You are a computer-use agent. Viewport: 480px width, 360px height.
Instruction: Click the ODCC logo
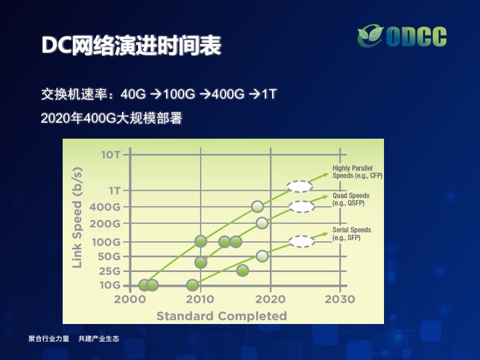click(402, 37)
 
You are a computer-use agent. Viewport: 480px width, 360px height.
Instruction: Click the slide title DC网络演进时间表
click(131, 45)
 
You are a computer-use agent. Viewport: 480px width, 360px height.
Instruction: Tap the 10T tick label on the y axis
click(111, 155)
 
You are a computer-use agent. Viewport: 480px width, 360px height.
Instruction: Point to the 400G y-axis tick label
click(105, 207)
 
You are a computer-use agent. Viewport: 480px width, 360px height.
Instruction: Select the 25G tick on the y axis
click(109, 271)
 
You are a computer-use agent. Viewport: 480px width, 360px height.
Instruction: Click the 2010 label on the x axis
click(200, 299)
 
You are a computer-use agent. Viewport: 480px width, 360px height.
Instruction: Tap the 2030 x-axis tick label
click(340, 299)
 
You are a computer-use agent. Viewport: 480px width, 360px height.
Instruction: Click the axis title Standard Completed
click(221, 315)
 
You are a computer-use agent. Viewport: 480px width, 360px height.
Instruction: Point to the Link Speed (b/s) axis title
click(77, 217)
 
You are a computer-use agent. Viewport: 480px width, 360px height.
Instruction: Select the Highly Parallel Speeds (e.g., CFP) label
click(357, 172)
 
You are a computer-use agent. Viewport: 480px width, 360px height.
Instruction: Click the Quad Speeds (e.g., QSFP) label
click(351, 199)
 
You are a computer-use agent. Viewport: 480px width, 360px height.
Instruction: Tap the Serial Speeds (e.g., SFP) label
click(352, 233)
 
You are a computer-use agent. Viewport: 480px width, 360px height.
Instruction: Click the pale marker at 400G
click(257, 207)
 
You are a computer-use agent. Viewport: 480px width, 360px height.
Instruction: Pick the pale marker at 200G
click(262, 223)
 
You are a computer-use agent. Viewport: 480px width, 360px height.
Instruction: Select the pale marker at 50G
click(263, 256)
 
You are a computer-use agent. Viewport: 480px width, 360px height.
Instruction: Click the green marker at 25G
click(243, 270)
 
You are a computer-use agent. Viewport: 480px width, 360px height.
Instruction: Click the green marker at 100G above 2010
click(201, 241)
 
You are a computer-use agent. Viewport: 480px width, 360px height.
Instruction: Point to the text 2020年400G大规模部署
click(111, 118)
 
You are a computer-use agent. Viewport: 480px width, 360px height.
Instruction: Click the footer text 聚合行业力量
click(49, 339)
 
